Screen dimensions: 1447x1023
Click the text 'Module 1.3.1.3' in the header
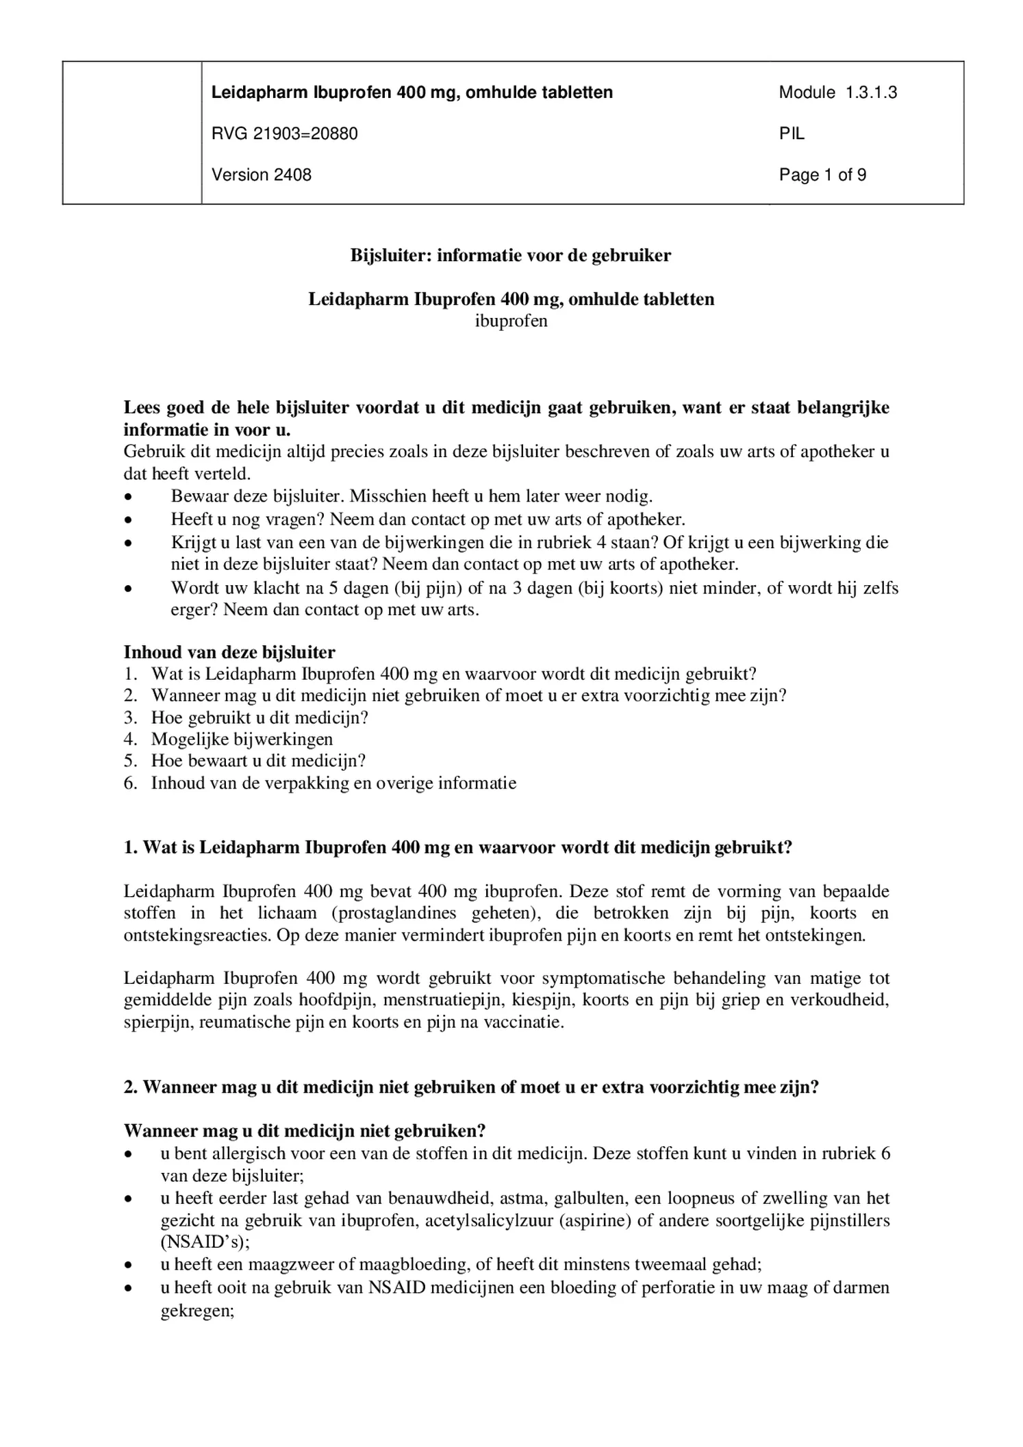[837, 92]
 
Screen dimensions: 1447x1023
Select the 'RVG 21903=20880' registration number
[284, 134]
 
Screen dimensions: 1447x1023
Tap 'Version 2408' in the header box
[261, 175]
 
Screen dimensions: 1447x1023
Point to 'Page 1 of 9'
[822, 175]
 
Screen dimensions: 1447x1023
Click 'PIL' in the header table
[792, 134]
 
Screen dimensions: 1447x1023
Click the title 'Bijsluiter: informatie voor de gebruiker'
[511, 256]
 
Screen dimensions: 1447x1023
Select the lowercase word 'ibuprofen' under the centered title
[511, 321]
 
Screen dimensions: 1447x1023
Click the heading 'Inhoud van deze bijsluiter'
[229, 652]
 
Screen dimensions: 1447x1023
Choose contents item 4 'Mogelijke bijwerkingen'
[242, 739]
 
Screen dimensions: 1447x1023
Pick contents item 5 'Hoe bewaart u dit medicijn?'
[258, 760]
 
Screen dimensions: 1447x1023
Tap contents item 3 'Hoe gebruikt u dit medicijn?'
[260, 717]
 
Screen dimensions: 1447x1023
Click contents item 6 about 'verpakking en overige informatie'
[333, 782]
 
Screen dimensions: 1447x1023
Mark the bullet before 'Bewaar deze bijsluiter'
[127, 497]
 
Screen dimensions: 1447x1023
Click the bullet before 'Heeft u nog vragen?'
[127, 520]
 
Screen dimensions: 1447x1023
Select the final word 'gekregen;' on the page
[197, 1311]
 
